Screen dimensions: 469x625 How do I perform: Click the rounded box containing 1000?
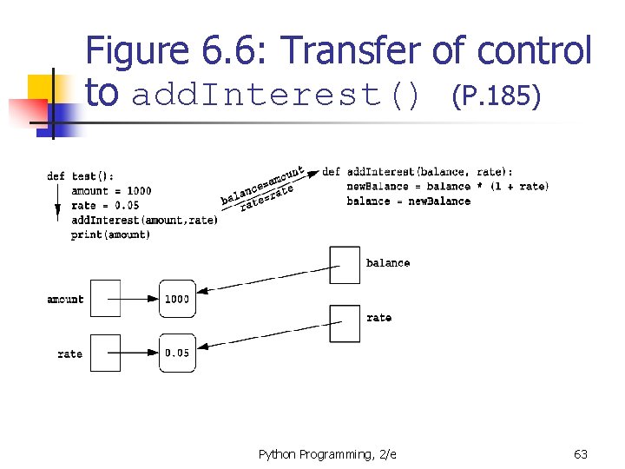(x=178, y=299)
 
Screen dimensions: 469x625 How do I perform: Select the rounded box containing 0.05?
(x=178, y=353)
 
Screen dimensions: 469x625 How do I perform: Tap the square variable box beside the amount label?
(x=106, y=299)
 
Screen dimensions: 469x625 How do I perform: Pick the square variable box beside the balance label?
(x=345, y=265)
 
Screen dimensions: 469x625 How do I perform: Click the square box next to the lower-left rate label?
(x=106, y=353)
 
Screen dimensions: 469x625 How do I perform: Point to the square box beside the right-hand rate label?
(x=345, y=322)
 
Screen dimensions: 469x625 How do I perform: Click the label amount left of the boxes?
(x=65, y=300)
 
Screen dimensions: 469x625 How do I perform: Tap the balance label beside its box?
(x=388, y=263)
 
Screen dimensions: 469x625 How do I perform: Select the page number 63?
(x=581, y=454)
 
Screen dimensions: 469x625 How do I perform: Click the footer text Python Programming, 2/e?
(x=327, y=454)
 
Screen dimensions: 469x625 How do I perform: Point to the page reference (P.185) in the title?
(x=497, y=95)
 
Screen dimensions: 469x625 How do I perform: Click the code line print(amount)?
(x=111, y=234)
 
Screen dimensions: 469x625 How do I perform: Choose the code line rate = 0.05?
(x=105, y=206)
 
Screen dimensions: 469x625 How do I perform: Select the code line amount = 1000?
(x=111, y=191)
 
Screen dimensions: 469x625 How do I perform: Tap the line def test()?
(x=81, y=176)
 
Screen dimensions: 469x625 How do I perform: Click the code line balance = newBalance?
(x=408, y=201)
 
